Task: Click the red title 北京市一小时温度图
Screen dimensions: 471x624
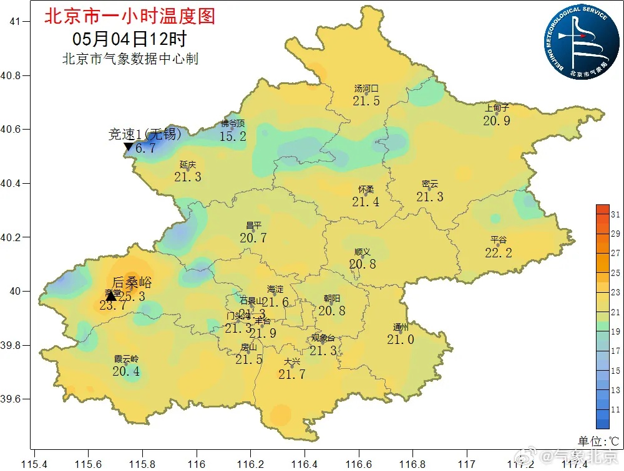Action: pyautogui.click(x=130, y=16)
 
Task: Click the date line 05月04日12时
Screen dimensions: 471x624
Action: pyautogui.click(x=129, y=39)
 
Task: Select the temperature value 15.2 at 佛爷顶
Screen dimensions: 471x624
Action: pyautogui.click(x=233, y=136)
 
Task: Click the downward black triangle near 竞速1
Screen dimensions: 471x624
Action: pyautogui.click(x=129, y=147)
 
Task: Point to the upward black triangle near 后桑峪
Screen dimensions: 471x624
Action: pyautogui.click(x=111, y=295)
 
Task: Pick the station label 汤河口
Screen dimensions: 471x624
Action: pyautogui.click(x=366, y=89)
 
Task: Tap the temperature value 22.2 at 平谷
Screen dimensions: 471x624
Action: pyautogui.click(x=498, y=252)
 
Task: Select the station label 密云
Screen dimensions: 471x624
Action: pyautogui.click(x=430, y=184)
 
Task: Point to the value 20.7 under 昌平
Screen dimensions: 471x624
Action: pyautogui.click(x=253, y=238)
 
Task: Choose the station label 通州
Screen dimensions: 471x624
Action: pyautogui.click(x=401, y=328)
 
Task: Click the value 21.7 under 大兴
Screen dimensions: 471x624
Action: pyautogui.click(x=292, y=374)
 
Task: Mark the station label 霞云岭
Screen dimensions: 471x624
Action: pyautogui.click(x=126, y=359)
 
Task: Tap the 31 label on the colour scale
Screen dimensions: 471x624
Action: pyautogui.click(x=615, y=214)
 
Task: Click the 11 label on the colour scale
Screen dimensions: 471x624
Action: pyautogui.click(x=615, y=410)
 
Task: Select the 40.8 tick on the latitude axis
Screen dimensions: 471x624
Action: pyautogui.click(x=13, y=75)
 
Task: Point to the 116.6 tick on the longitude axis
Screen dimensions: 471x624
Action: pyautogui.click(x=359, y=464)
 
